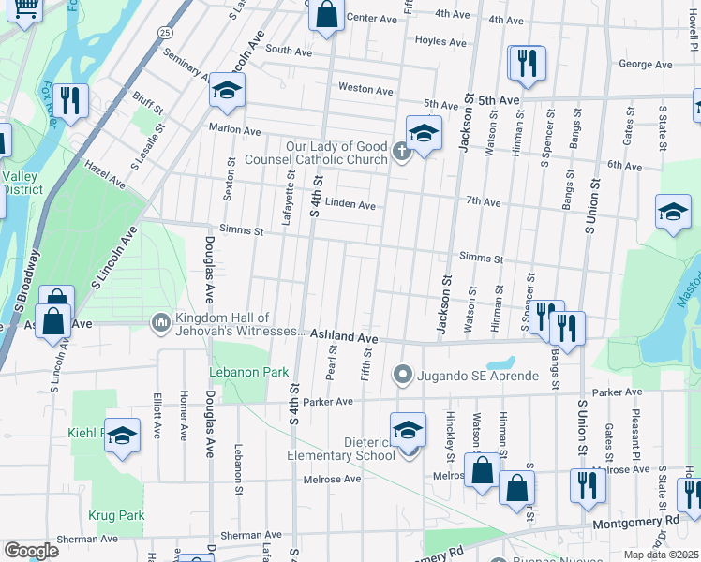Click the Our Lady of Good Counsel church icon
pyautogui.click(x=402, y=152)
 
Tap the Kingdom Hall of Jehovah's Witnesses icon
pyautogui.click(x=160, y=323)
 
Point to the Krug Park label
pyautogui.click(x=116, y=515)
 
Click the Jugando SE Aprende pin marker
pyautogui.click(x=403, y=376)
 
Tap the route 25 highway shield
pyautogui.click(x=165, y=32)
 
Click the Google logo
pyautogui.click(x=31, y=550)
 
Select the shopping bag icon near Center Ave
pyautogui.click(x=325, y=16)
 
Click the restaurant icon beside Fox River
pyautogui.click(x=70, y=99)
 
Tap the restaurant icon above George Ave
pyautogui.click(x=526, y=63)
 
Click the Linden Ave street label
pyautogui.click(x=350, y=205)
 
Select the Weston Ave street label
pyautogui.click(x=365, y=89)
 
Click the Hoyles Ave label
pyautogui.click(x=440, y=42)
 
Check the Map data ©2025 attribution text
pyautogui.click(x=662, y=555)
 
